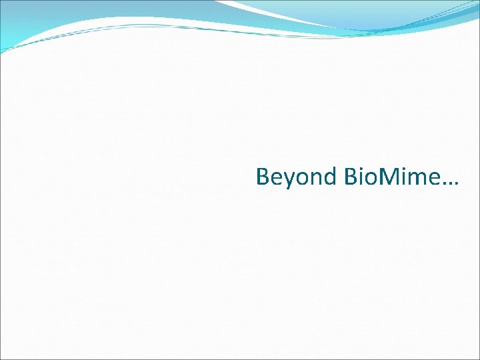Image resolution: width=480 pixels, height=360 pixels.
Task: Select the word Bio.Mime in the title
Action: [392, 177]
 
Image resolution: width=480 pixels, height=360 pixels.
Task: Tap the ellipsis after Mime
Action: [450, 184]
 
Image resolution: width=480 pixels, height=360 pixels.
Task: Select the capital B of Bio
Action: [352, 177]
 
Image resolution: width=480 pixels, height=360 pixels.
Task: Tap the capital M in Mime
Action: [391, 177]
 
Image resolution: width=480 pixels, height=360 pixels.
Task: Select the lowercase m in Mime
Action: [417, 179]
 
